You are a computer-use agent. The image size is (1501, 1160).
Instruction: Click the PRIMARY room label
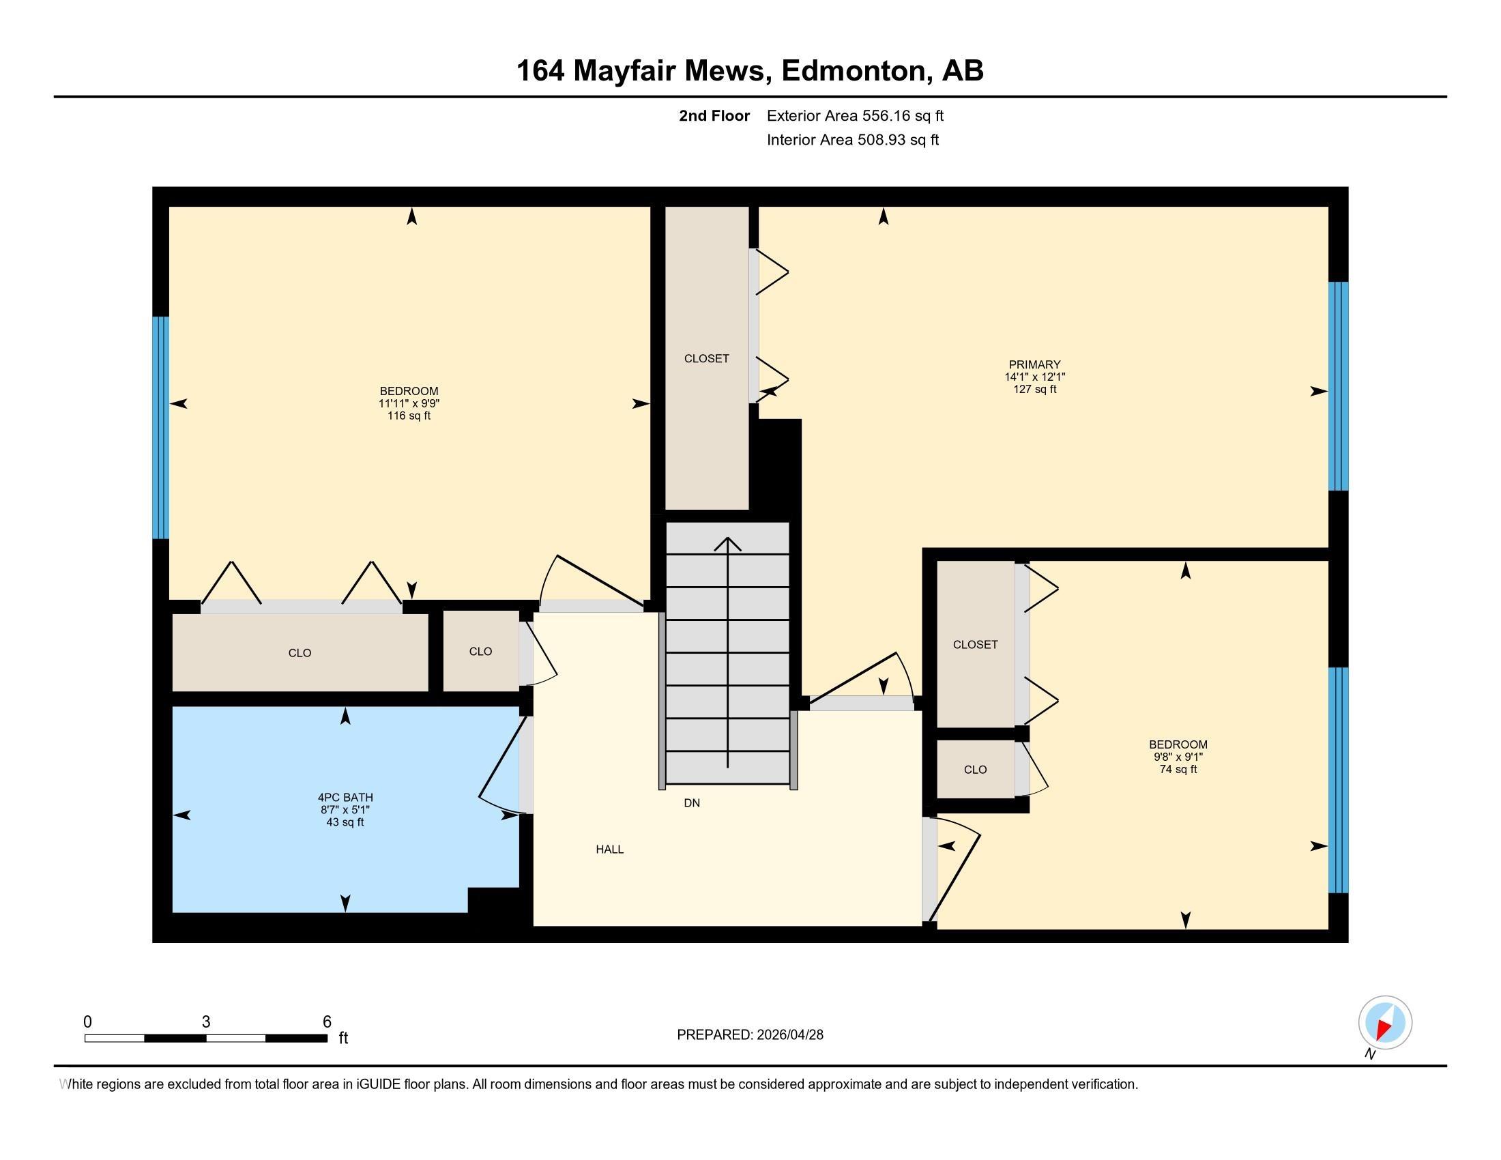point(1034,364)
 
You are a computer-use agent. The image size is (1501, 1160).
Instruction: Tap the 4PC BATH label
point(345,797)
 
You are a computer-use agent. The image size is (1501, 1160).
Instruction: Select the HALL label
point(609,850)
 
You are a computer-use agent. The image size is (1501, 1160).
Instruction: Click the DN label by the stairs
point(691,802)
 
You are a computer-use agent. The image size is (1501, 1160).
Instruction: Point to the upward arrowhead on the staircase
point(727,544)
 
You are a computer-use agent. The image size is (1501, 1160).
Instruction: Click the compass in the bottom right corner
point(1385,1022)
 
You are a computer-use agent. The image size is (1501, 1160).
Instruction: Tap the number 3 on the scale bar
point(205,1022)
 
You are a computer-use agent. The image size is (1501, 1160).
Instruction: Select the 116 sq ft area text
point(408,416)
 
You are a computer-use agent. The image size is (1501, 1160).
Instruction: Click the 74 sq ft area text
point(1178,769)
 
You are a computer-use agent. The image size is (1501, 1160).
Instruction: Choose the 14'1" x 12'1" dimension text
point(1034,377)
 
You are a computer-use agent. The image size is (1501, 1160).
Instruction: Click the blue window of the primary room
point(1337,386)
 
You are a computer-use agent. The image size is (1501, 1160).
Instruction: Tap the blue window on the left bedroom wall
point(160,426)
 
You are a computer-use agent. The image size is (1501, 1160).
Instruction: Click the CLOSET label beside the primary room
point(707,358)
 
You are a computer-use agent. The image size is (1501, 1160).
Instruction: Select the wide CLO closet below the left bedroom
point(300,652)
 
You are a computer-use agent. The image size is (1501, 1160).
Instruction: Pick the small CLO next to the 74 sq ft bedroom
point(974,770)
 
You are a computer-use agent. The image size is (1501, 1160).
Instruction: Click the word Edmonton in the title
point(854,71)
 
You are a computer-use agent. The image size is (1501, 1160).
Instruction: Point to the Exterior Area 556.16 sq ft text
point(855,115)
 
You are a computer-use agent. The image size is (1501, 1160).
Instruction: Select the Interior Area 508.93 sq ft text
point(852,139)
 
